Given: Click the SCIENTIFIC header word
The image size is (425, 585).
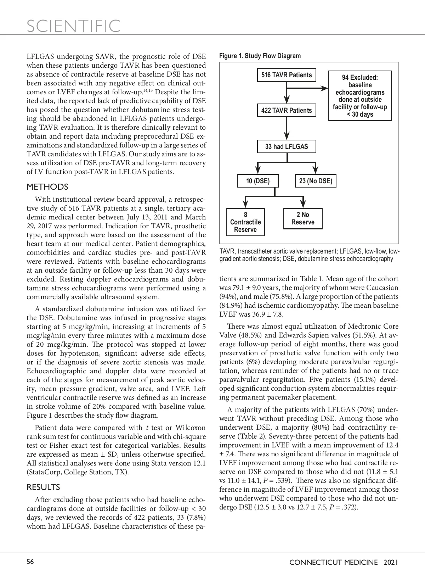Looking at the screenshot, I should [74, 26].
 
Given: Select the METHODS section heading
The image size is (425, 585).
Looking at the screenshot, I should [47, 187].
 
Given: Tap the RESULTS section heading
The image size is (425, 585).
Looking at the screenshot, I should [44, 487].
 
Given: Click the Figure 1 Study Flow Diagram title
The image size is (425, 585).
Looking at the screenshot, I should [260, 56].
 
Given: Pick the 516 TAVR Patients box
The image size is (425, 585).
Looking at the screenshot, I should [287, 75].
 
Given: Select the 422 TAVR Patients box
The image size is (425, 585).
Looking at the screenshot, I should [287, 111].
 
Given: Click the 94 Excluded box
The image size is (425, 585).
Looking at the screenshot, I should [360, 96].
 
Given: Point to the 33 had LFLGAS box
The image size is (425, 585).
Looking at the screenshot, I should [287, 146].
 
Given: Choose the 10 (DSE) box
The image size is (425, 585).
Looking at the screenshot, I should [258, 181].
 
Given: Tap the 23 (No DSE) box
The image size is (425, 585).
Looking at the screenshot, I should [316, 181].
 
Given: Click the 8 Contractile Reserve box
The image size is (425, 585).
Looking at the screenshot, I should [245, 222].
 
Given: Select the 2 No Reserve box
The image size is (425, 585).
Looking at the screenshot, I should [303, 218].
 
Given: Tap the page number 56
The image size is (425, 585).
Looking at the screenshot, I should [30, 562].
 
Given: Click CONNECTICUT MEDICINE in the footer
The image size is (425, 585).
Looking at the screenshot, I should [334, 562].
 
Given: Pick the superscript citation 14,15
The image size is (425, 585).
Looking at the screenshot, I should [148, 91].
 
